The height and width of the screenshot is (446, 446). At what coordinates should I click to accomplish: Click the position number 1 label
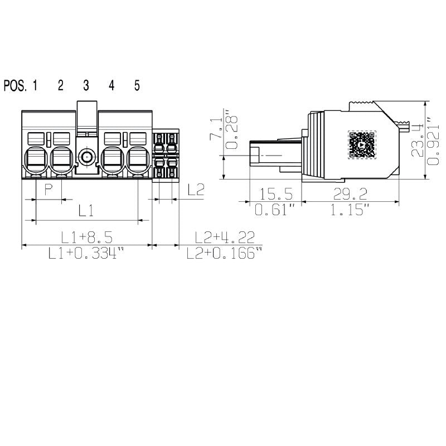click(35, 85)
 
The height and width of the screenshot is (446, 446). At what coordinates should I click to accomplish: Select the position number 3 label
click(86, 85)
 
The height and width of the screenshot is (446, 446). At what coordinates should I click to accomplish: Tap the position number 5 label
click(137, 85)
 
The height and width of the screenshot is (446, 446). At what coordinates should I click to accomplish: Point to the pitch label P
click(49, 190)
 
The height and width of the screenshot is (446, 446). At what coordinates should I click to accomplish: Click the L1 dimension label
click(85, 211)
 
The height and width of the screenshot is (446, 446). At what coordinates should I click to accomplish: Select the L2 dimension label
click(196, 190)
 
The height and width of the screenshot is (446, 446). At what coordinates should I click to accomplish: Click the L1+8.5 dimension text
click(86, 237)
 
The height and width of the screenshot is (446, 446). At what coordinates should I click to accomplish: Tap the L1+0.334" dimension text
click(86, 254)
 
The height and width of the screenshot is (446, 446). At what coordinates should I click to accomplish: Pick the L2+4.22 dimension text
click(221, 237)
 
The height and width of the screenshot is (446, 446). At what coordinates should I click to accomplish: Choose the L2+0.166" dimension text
click(224, 254)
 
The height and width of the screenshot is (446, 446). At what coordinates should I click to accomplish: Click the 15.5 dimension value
click(275, 194)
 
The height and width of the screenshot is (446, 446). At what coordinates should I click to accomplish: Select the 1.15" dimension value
click(350, 210)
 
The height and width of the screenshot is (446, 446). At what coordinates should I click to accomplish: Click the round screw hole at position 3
click(86, 157)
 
